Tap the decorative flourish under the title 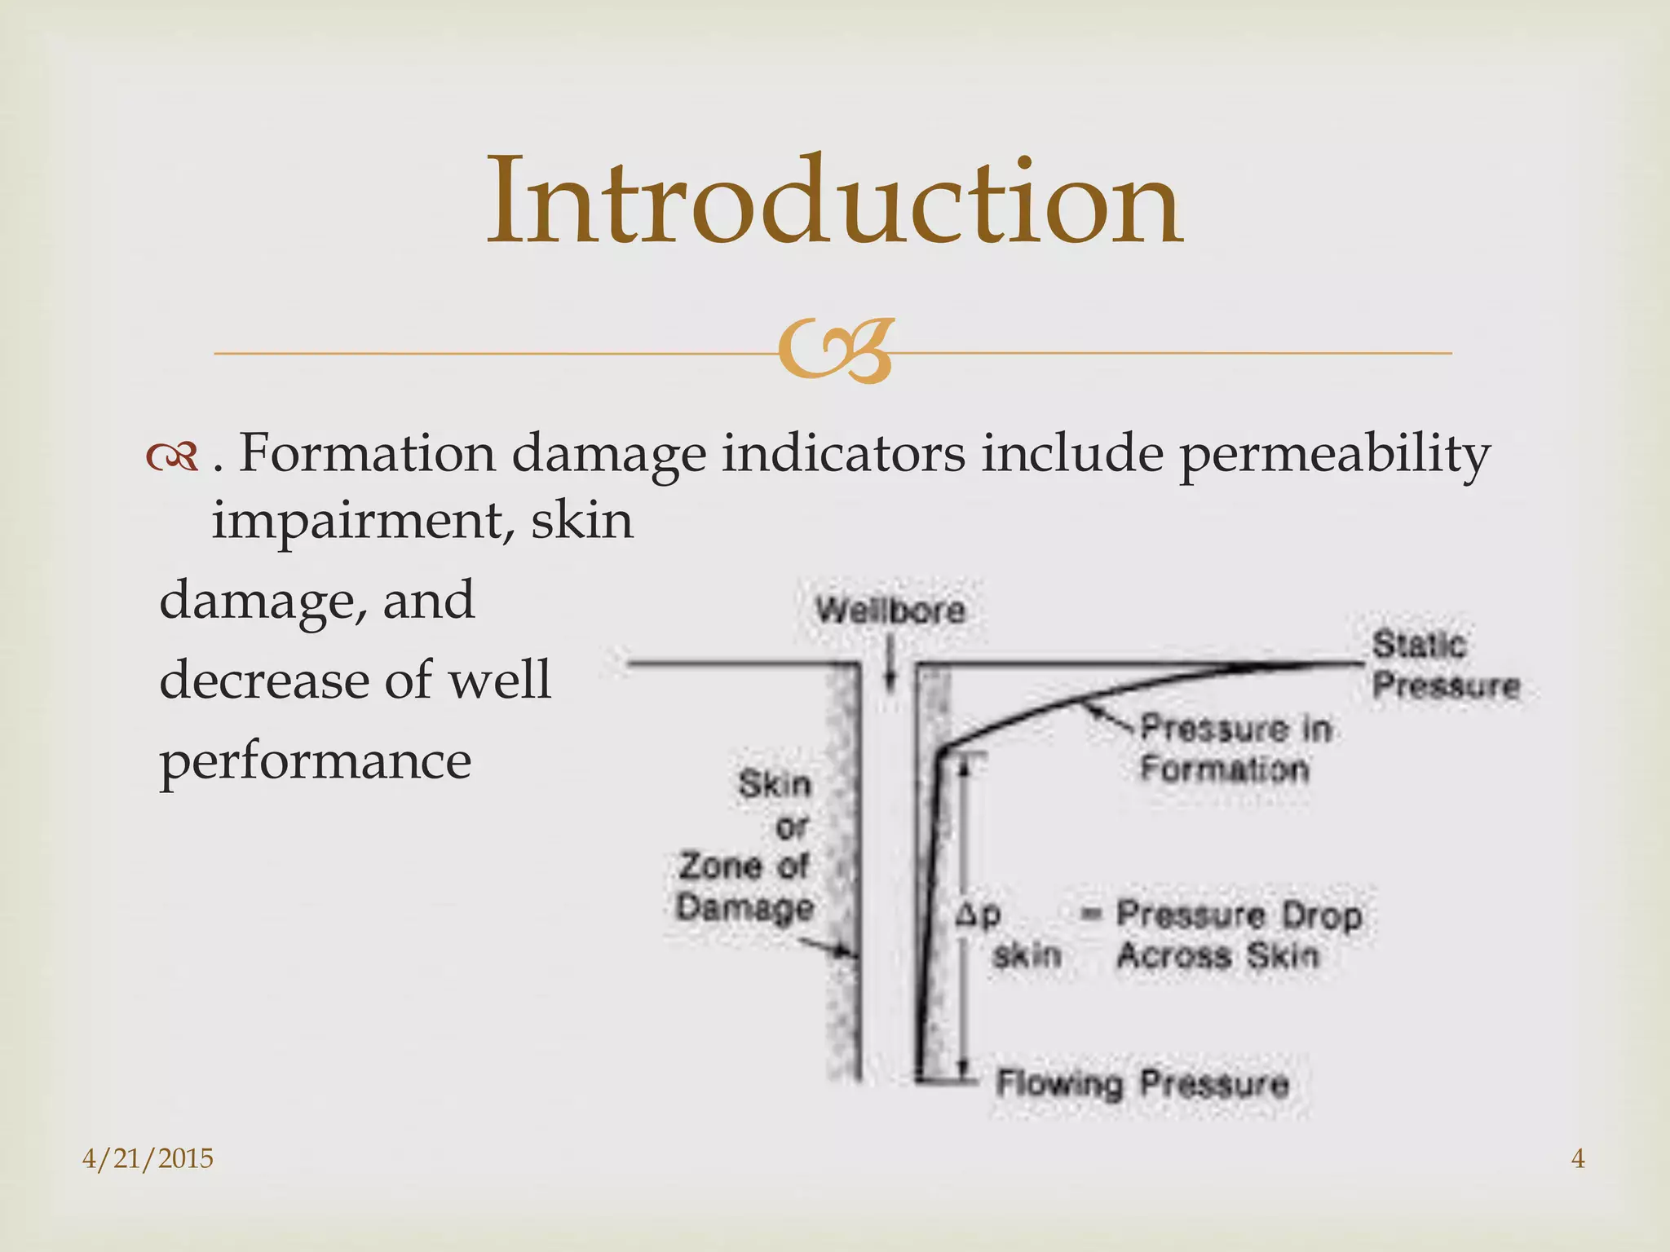click(834, 351)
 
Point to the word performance click(316, 760)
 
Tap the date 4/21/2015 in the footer click(148, 1158)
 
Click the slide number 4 click(1578, 1158)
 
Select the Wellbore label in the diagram click(890, 610)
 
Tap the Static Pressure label click(1445, 665)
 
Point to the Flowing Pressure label click(1142, 1084)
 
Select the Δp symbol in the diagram click(978, 915)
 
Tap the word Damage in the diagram click(745, 907)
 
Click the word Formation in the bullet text click(367, 453)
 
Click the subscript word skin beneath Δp click(1027, 954)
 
